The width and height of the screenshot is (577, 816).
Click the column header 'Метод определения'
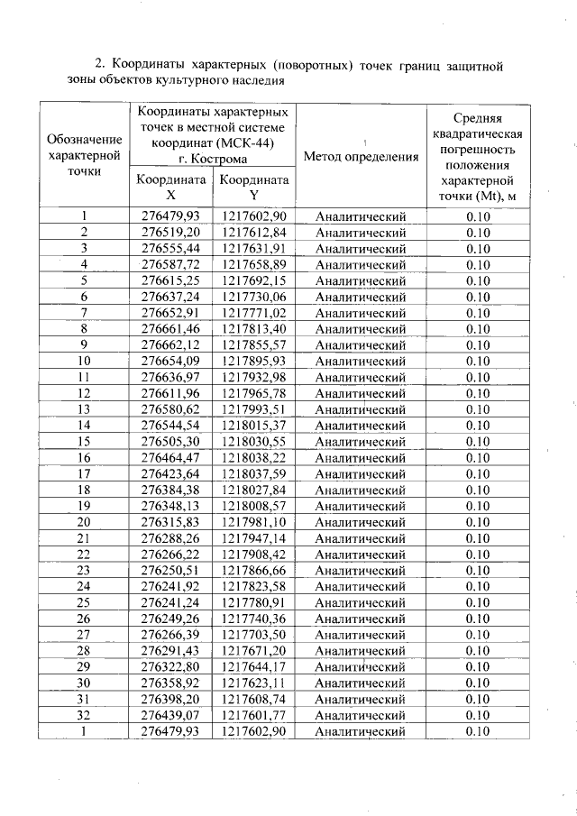pos(361,157)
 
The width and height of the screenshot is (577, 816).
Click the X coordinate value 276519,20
pos(170,232)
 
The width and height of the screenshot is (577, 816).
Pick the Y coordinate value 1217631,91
pos(254,248)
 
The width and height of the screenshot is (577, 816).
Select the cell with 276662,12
pos(170,344)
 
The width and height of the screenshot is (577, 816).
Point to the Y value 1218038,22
pos(254,457)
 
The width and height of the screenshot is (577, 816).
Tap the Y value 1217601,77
pos(254,715)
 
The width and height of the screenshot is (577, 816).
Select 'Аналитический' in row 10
pos(361,361)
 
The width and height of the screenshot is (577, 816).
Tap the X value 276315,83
pos(170,521)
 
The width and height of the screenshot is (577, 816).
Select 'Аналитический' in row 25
pos(361,602)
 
